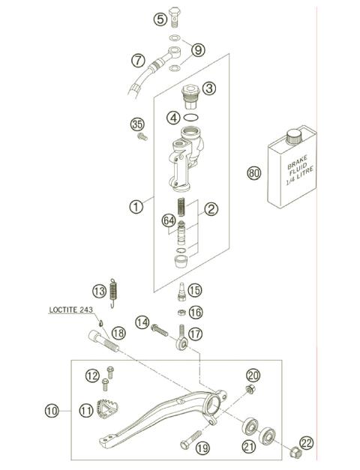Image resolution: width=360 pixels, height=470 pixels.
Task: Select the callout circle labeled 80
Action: [254, 174]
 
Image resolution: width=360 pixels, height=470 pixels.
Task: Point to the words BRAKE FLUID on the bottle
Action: [292, 165]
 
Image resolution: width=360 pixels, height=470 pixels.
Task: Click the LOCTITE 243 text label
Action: [72, 308]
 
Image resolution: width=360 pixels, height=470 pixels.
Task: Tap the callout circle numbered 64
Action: [169, 220]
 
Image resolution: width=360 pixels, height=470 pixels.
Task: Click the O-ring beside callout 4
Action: [192, 118]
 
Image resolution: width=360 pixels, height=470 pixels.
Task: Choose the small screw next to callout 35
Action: [139, 137]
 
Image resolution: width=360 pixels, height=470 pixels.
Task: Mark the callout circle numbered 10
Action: [51, 410]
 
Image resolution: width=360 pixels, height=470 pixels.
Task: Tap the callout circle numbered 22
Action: [305, 442]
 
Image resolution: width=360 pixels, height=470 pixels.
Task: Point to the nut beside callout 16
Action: [181, 312]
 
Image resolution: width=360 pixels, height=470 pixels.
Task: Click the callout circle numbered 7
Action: [137, 59]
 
